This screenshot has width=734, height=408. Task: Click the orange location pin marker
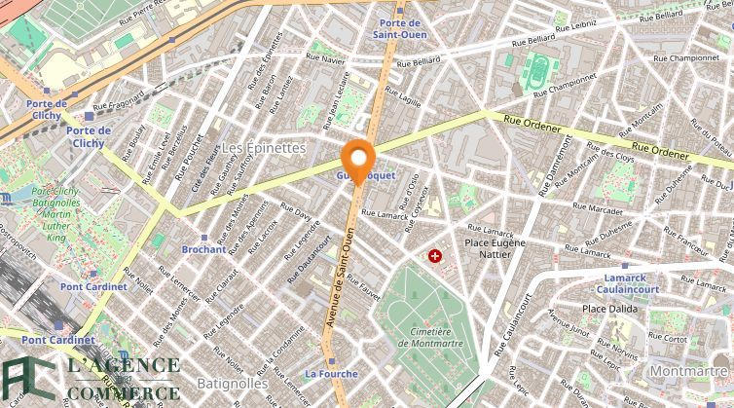pyautogui.click(x=358, y=161)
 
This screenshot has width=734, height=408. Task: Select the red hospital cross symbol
pyautogui.click(x=434, y=256)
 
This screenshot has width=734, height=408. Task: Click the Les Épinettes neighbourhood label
pyautogui.click(x=264, y=147)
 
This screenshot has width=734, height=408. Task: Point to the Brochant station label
pyautogui.click(x=203, y=249)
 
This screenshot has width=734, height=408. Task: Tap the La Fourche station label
pyautogui.click(x=331, y=373)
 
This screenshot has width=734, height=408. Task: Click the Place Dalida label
pyautogui.click(x=609, y=309)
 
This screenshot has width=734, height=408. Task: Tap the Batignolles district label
pyautogui.click(x=233, y=384)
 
